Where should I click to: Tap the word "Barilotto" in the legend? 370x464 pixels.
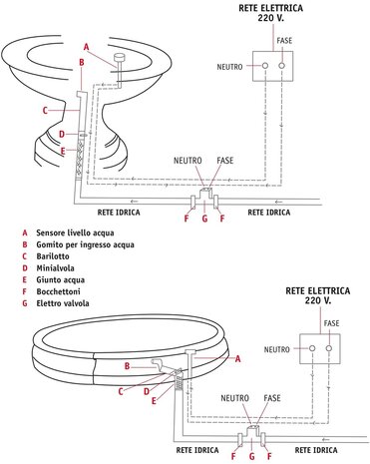point(52,256)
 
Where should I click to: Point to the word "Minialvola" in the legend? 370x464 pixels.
point(54,269)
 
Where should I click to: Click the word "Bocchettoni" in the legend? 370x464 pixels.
point(57,295)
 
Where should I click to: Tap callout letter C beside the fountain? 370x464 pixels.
point(45,110)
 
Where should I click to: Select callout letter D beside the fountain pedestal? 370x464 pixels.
point(62,134)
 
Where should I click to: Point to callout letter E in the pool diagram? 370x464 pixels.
point(153,401)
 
